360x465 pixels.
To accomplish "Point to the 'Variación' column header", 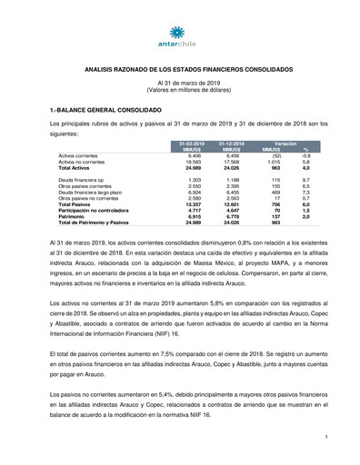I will pyautogui.click(x=286, y=143).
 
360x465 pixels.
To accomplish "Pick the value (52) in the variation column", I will pyautogui.click(x=276, y=156).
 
